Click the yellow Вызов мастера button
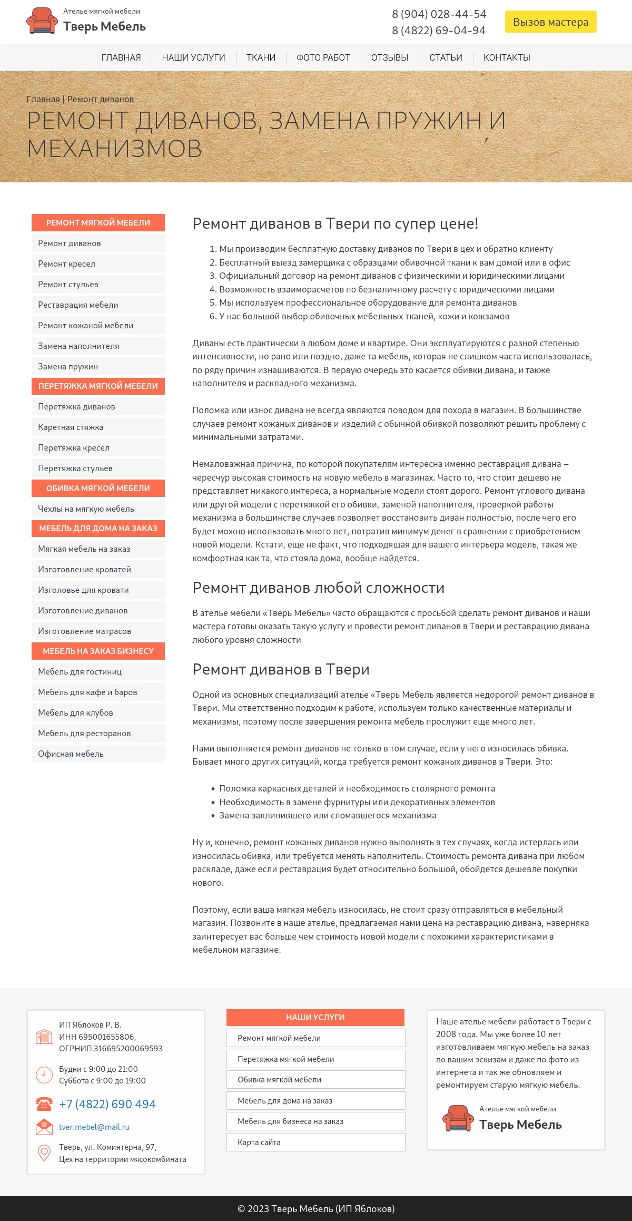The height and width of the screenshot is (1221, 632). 550,22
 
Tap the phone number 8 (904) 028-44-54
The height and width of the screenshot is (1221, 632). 439,14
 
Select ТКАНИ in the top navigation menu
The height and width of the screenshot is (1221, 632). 261,57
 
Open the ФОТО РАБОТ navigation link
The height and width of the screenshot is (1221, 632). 323,57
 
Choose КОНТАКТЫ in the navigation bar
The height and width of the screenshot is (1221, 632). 507,57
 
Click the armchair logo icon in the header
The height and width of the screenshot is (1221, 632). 42,21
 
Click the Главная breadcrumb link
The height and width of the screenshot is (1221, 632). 43,99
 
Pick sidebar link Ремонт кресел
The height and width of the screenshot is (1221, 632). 66,263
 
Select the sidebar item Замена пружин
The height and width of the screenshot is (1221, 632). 68,366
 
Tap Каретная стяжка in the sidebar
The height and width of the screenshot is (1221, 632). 71,427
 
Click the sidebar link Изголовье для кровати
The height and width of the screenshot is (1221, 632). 83,590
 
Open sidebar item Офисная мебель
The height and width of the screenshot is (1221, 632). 71,754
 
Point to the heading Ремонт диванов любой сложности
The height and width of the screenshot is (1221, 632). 318,588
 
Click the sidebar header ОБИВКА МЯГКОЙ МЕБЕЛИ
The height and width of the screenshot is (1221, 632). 98,488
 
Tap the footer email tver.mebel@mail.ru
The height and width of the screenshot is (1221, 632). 94,1127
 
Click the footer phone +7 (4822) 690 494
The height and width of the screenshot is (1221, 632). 107,1103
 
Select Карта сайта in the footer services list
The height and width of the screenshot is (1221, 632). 259,1142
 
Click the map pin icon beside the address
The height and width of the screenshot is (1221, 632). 44,1152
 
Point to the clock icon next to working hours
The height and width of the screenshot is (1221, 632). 44,1075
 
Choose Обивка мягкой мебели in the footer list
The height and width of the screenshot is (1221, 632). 279,1079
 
